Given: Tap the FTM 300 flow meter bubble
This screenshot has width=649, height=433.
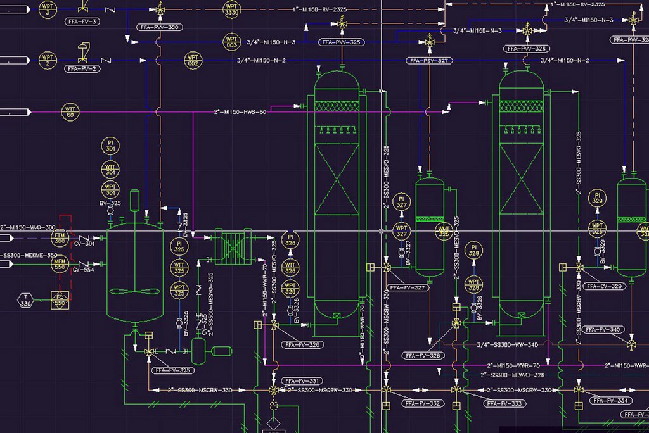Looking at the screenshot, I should tap(60, 237).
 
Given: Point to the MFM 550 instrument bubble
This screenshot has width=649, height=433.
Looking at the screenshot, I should tap(60, 265).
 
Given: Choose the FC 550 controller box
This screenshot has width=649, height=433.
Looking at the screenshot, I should tap(60, 300).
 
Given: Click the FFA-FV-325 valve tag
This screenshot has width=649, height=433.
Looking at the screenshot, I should tap(172, 370).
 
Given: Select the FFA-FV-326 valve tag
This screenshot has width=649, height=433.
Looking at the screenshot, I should tap(303, 345).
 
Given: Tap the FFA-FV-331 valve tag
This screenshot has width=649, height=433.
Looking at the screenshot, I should tap(303, 381).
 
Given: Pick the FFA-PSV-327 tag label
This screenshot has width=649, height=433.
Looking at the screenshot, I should tap(429, 61).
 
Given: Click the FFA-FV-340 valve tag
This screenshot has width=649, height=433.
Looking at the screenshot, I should tap(603, 330).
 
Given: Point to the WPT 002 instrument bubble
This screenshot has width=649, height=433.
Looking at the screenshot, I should tap(193, 61).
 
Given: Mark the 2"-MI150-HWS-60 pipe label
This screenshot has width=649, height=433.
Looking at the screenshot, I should tap(240, 112).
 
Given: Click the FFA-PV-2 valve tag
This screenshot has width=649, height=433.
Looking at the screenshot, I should tap(82, 68).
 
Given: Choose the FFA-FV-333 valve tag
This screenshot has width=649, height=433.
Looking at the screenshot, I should tap(505, 403).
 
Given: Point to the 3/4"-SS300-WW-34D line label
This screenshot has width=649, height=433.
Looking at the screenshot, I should tap(507, 345).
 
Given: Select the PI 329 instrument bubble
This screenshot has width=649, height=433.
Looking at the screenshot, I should tap(596, 197).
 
